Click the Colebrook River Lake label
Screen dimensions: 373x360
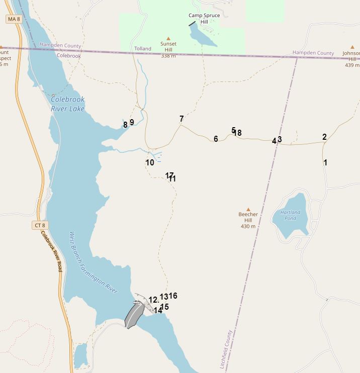[x=67, y=104]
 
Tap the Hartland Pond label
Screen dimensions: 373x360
[x=290, y=215]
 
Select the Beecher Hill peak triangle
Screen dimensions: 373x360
[x=248, y=210]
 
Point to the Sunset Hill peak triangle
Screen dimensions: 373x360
[x=168, y=39]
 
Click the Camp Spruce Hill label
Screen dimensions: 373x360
[x=204, y=19]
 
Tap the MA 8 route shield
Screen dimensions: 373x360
[x=14, y=19]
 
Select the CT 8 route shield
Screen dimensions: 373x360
[x=40, y=226]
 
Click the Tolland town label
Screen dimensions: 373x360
[x=143, y=49]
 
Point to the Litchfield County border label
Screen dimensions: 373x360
[x=226, y=349]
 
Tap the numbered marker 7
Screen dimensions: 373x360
[x=182, y=119]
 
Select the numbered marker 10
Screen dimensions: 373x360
[x=150, y=163]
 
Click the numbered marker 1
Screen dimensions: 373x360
[x=325, y=162]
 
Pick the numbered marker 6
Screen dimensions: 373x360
[x=216, y=139]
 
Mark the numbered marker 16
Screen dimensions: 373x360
[x=173, y=296]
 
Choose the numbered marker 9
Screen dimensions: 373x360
[x=132, y=122]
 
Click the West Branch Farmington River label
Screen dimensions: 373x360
[x=93, y=262]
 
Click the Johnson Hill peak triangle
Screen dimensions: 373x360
[x=352, y=47]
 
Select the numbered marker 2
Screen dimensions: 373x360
[x=324, y=137]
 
